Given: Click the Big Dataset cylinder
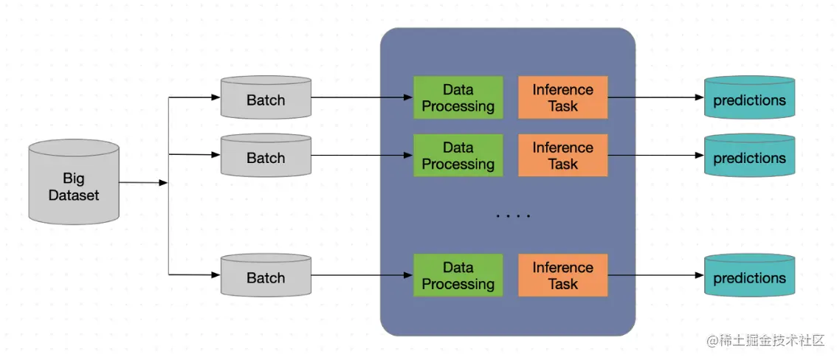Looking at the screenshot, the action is point(74,181).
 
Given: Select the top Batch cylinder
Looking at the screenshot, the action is point(266,97).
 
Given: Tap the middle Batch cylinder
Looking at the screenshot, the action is point(266,155).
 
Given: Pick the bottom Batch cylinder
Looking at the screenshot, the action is point(266,274).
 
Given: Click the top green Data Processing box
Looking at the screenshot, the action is point(458,97).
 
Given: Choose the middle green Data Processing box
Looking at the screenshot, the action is point(458,155).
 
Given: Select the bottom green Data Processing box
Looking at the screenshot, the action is point(458,275).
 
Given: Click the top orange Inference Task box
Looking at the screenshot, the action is point(562,97).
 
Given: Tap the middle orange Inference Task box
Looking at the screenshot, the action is point(562,155).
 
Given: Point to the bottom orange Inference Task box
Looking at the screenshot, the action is point(562,275).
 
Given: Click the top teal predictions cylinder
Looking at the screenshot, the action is point(749,97).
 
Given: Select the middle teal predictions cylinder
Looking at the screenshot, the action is point(749,155).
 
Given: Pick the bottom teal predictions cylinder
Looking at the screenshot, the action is point(749,275).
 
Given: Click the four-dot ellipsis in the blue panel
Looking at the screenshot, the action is point(513,216).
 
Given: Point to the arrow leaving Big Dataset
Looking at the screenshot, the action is point(144,183).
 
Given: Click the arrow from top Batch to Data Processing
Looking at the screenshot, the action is point(362,97).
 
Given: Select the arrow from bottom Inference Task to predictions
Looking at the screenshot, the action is point(656,275).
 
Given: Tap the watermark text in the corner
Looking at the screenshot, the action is point(767,340).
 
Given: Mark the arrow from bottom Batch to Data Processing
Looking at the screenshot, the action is point(362,275).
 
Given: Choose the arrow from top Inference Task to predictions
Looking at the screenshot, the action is point(656,97).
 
